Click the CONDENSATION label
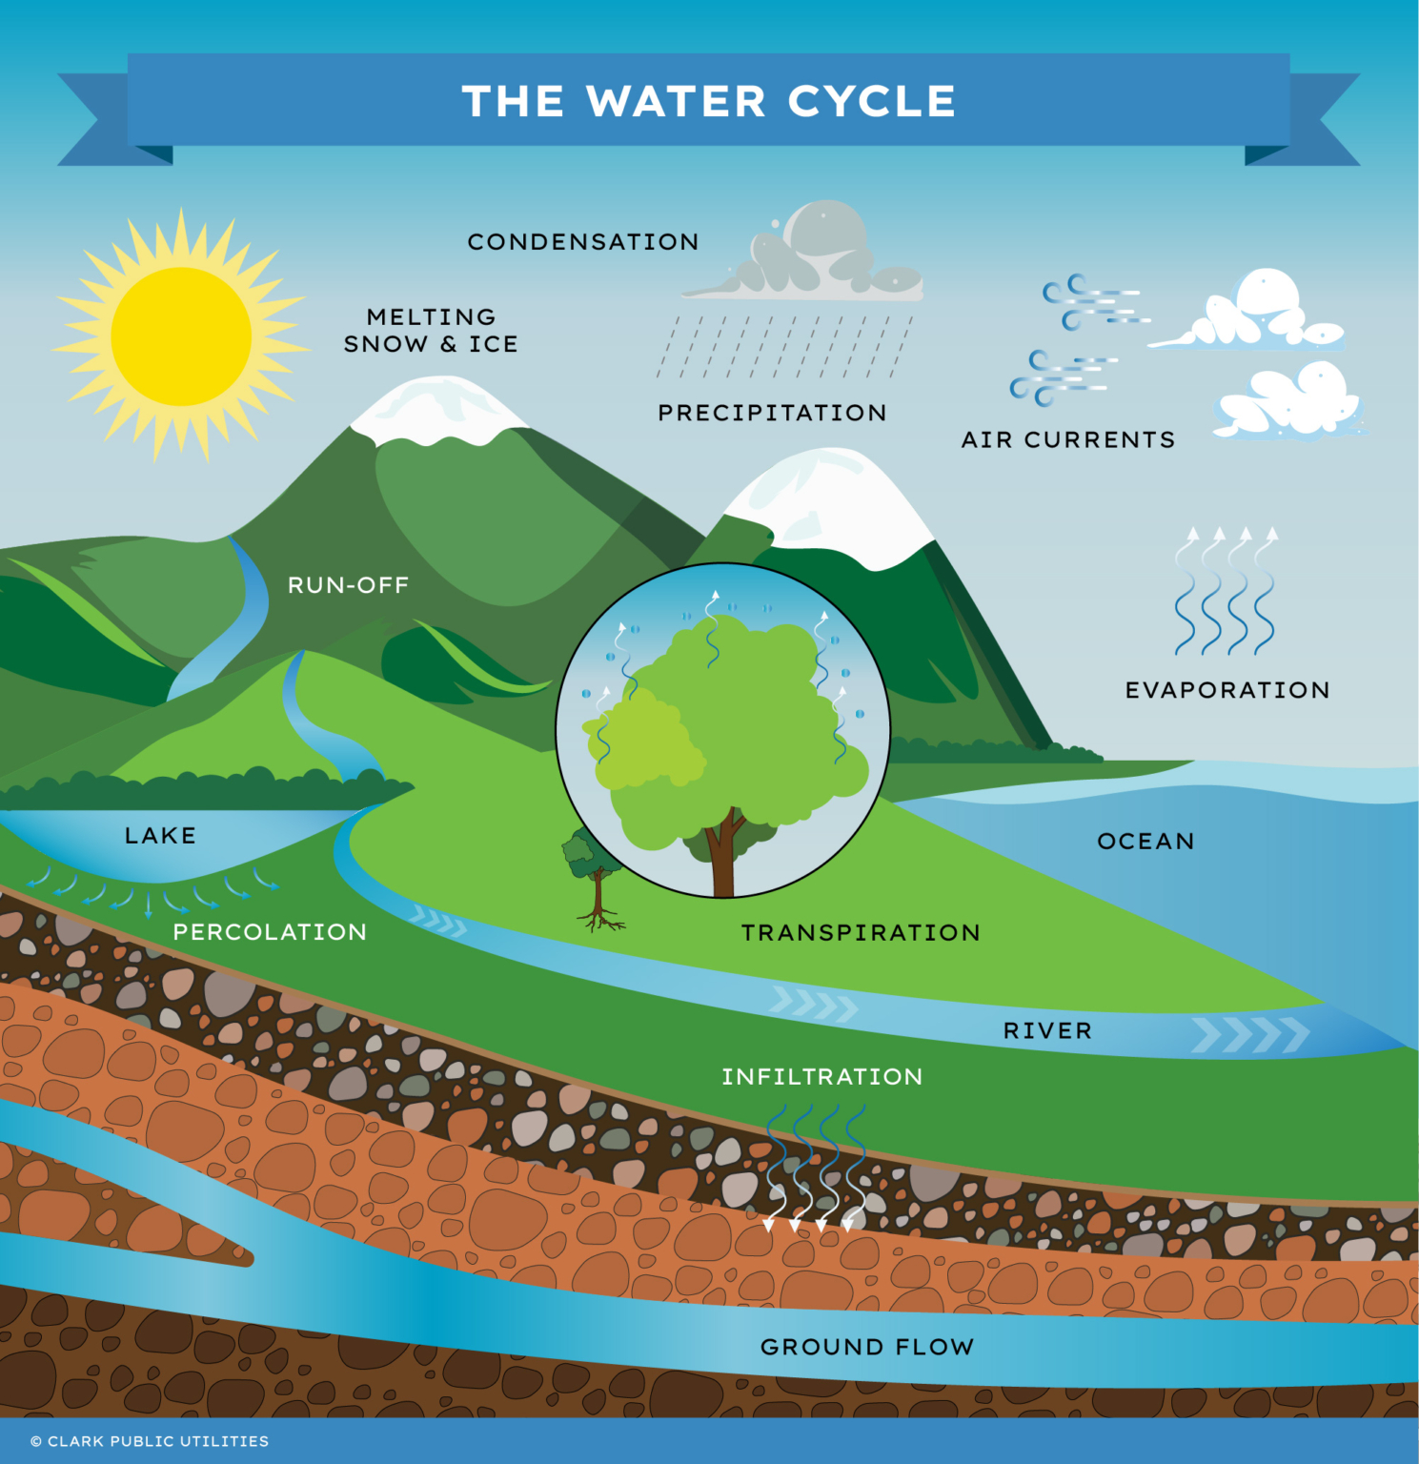pos(583,242)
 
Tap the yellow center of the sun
pos(181,336)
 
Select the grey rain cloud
pos(810,255)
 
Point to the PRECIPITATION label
pos(772,413)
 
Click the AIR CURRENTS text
pos(1067,439)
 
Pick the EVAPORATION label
pos(1226,690)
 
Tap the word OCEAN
pos(1145,841)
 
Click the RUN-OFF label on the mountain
pos(348,584)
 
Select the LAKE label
pos(160,835)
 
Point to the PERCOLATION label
pos(270,931)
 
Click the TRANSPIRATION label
pos(861,932)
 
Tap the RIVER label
pos(1047,1030)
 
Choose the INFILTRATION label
pos(821,1076)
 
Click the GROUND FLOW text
pos(867,1346)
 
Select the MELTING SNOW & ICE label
pos(431,330)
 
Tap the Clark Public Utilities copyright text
pos(150,1441)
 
